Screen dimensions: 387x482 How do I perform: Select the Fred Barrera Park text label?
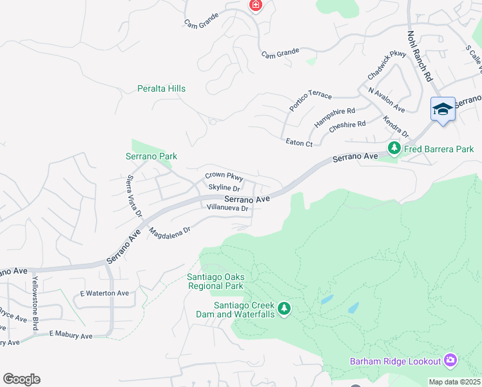coord(439,149)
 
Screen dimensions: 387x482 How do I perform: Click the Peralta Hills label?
coord(161,88)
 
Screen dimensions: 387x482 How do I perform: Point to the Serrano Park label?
coord(151,156)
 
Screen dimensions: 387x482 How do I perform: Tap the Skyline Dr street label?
coord(224,188)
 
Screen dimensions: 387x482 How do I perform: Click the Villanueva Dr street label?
coord(227,208)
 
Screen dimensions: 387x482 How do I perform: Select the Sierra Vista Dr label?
coord(134,195)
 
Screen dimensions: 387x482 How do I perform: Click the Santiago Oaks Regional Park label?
coord(215,281)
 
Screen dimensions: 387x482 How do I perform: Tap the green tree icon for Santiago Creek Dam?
coord(284,309)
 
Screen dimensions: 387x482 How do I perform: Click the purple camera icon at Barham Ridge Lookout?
coord(450,360)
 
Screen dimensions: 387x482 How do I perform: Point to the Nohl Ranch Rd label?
coord(419,56)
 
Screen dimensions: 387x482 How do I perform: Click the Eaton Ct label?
coord(299,143)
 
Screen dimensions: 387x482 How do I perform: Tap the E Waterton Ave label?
coord(104,293)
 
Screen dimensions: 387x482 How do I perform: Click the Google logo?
coord(21,379)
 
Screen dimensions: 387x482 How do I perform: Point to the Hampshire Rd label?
coord(334,117)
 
